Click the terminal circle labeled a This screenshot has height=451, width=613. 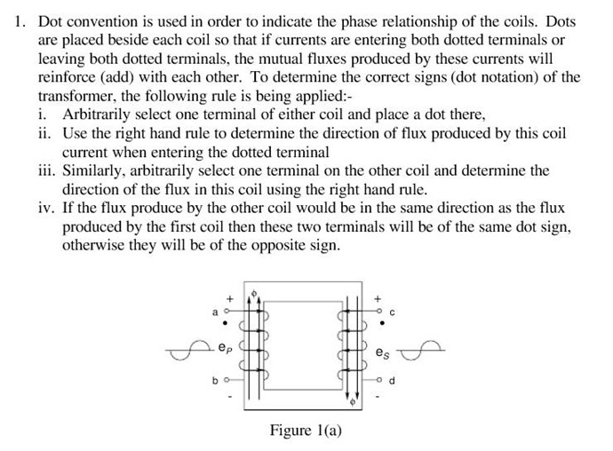tap(226, 312)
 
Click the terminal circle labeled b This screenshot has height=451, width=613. tap(227, 379)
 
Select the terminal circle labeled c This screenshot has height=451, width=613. tap(378, 312)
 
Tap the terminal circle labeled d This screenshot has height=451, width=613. tap(378, 379)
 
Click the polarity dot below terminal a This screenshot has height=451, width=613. tap(225, 323)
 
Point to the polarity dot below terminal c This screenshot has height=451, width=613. tap(382, 323)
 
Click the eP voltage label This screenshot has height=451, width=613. tap(225, 347)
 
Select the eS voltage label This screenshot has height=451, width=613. tap(382, 352)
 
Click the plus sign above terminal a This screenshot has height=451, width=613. tap(230, 299)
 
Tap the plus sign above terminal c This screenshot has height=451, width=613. tap(378, 299)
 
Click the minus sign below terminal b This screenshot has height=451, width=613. tap(230, 398)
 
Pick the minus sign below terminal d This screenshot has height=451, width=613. tap(378, 398)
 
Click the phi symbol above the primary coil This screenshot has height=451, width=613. tap(254, 293)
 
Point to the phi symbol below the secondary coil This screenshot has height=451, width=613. tap(352, 402)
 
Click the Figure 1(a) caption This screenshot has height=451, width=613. tap(306, 431)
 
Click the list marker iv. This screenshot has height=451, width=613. tap(47, 208)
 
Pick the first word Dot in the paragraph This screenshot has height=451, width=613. tap(50, 21)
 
